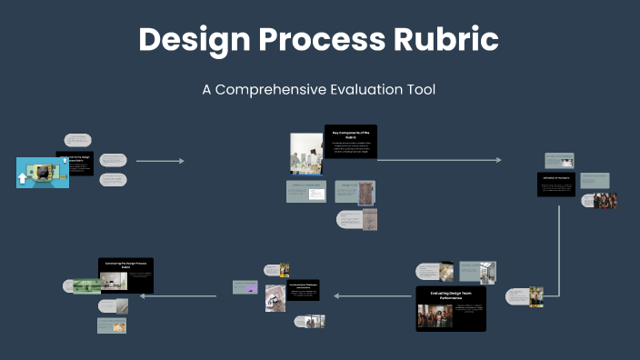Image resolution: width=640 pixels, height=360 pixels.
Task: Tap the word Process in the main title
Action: pyautogui.click(x=320, y=39)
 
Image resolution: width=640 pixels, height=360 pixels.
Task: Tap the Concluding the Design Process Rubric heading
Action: pyautogui.click(x=125, y=265)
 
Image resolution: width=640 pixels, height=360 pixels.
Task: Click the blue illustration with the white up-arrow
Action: pyautogui.click(x=42, y=172)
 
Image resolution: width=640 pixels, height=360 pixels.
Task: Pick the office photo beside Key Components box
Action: pyautogui.click(x=306, y=154)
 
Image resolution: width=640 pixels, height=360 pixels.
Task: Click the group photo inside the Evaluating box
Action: pyautogui.click(x=435, y=315)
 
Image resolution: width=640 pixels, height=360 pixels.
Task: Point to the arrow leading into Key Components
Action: pyautogui.click(x=160, y=161)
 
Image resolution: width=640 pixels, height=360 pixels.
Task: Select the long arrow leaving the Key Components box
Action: pyautogui.click(x=438, y=160)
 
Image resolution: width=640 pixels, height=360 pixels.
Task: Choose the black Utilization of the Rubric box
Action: pyautogui.click(x=555, y=184)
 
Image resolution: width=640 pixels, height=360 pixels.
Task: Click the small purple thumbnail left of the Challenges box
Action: pyautogui.click(x=245, y=286)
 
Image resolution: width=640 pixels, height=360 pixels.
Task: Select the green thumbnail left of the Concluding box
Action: pyautogui.click(x=86, y=286)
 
